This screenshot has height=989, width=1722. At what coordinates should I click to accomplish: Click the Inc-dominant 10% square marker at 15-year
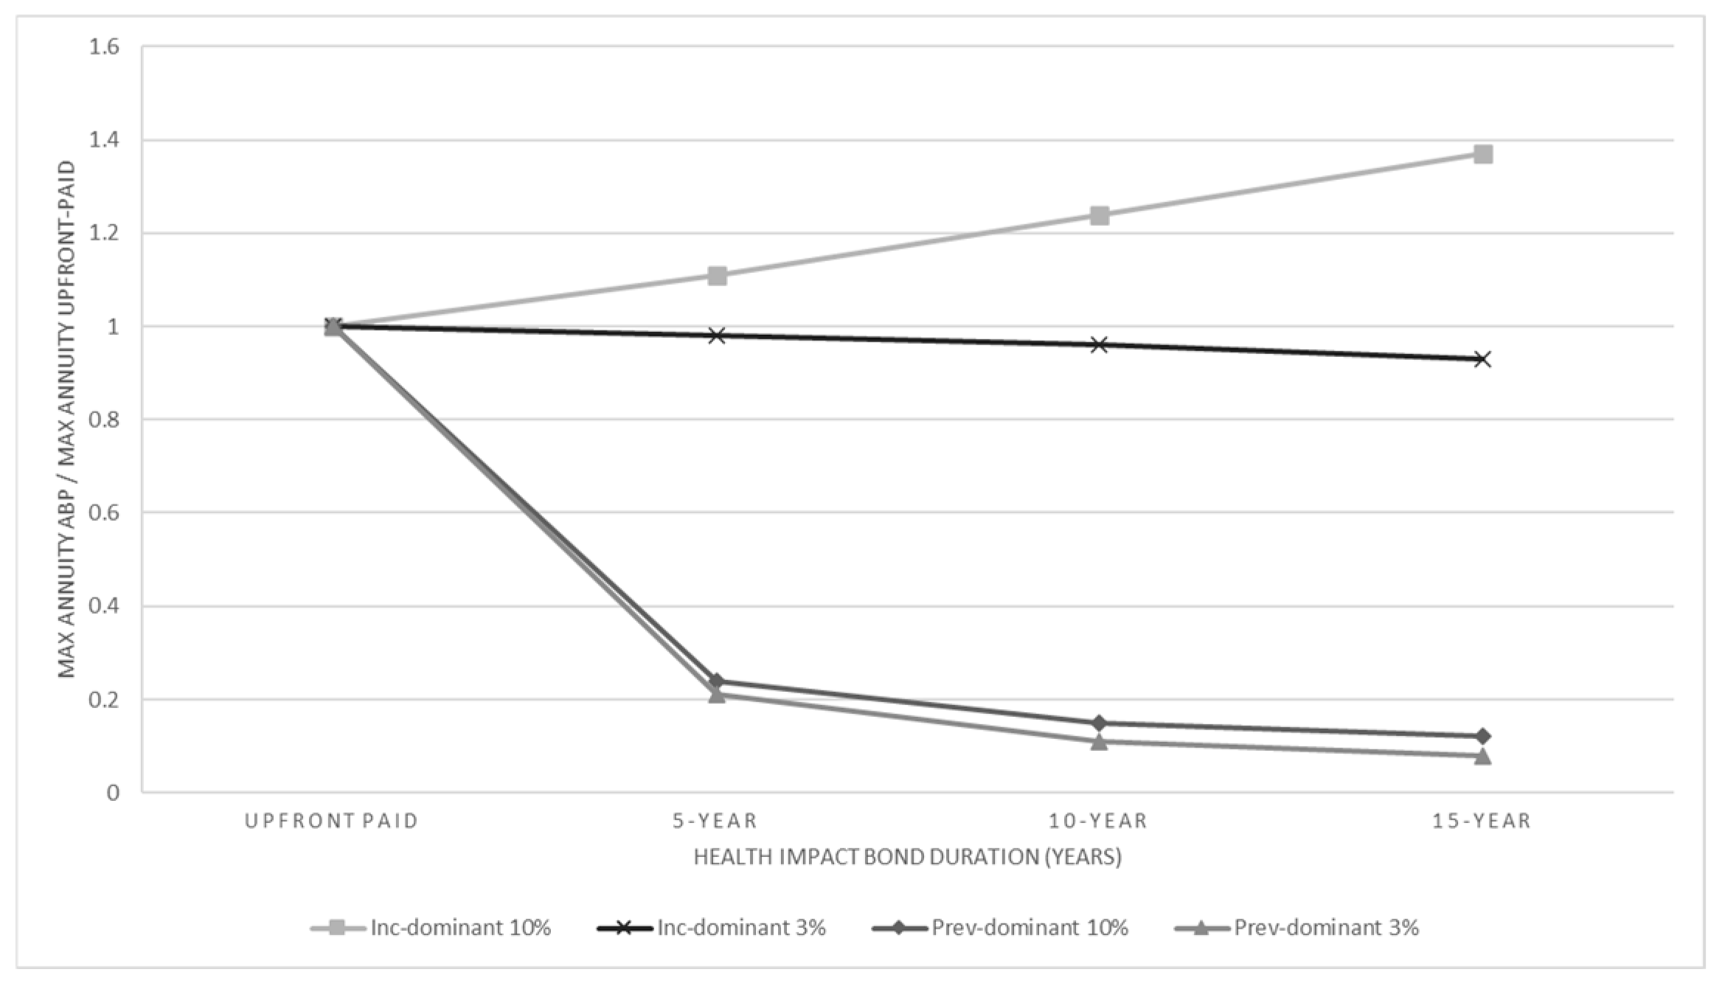pyautogui.click(x=1482, y=154)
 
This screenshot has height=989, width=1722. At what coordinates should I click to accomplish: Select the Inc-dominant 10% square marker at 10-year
pyautogui.click(x=1100, y=215)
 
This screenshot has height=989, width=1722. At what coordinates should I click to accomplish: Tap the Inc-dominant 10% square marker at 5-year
pyautogui.click(x=717, y=276)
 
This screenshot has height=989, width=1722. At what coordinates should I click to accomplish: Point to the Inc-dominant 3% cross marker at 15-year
pyautogui.click(x=1482, y=359)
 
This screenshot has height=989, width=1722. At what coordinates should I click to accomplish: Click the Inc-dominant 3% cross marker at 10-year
pyautogui.click(x=1100, y=344)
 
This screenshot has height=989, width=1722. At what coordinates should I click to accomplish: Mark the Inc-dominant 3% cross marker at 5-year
pyautogui.click(x=717, y=336)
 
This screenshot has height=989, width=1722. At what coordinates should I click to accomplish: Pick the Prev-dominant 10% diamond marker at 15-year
pyautogui.click(x=1482, y=736)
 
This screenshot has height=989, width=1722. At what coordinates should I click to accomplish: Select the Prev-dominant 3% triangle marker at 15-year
pyautogui.click(x=1482, y=756)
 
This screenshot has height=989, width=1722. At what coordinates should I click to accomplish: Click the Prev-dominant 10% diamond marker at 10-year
pyautogui.click(x=1100, y=723)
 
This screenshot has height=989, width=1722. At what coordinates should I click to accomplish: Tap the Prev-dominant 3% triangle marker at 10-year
pyautogui.click(x=1100, y=741)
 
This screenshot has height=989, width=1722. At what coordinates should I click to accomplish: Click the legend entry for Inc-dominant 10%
pyautogui.click(x=431, y=927)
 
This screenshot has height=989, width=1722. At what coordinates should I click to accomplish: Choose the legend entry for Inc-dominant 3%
pyautogui.click(x=712, y=927)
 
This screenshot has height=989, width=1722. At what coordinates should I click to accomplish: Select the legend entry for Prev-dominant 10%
pyautogui.click(x=1000, y=927)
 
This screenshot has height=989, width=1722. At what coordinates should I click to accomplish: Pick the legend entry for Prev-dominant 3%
pyautogui.click(x=1297, y=927)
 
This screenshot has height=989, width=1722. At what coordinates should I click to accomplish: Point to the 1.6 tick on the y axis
pyautogui.click(x=104, y=46)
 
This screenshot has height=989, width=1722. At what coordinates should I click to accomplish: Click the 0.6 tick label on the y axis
pyautogui.click(x=104, y=513)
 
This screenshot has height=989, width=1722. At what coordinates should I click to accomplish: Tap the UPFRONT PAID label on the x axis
pyautogui.click(x=332, y=821)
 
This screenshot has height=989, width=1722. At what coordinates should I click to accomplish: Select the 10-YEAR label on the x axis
pyautogui.click(x=1099, y=821)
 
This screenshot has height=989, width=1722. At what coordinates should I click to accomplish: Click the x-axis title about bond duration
pyautogui.click(x=908, y=857)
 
